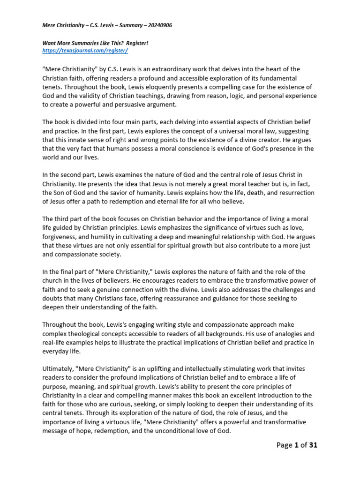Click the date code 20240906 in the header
[157, 25]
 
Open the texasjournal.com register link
[85, 50]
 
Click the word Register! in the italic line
[135, 43]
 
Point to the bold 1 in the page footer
[296, 445]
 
